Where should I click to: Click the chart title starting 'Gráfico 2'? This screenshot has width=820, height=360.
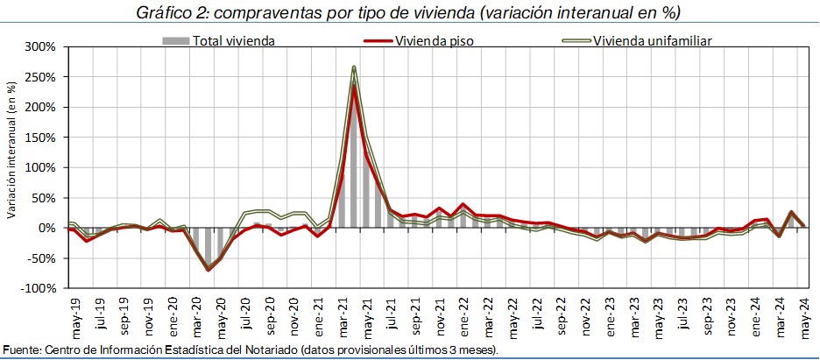[x=409, y=13]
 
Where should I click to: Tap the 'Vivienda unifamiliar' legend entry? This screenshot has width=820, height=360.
[x=651, y=40]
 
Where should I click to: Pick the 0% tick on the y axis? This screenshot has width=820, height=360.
[x=50, y=228]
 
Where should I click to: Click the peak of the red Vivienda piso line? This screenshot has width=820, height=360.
[x=353, y=85]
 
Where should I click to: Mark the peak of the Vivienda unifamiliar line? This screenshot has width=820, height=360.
[x=353, y=67]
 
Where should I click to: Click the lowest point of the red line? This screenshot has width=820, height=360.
[x=209, y=270]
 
